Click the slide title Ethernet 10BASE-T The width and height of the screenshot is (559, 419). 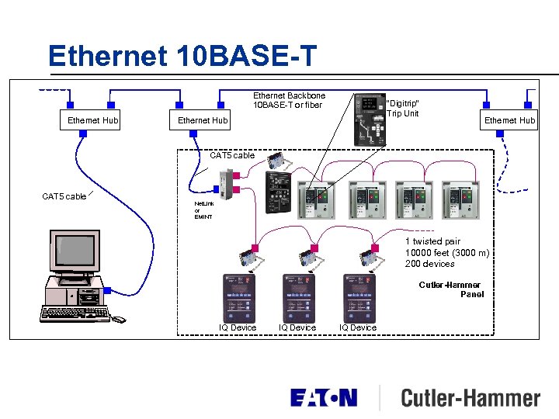pyautogui.click(x=182, y=56)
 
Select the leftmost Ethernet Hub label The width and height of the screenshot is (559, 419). pyautogui.click(x=93, y=120)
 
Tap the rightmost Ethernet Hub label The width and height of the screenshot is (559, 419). pyautogui.click(x=510, y=120)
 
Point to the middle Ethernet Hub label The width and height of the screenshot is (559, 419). pyautogui.click(x=203, y=120)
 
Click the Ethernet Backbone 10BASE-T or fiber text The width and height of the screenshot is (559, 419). pyautogui.click(x=289, y=100)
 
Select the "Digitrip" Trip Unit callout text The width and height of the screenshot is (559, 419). pyautogui.click(x=403, y=109)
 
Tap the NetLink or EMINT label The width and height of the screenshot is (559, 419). pyautogui.click(x=203, y=210)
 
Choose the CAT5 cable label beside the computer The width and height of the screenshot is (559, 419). pyautogui.click(x=64, y=196)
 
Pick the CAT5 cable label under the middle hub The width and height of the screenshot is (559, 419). pyautogui.click(x=232, y=155)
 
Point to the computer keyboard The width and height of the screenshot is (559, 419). pyautogui.click(x=73, y=313)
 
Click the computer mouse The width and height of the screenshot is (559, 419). pyautogui.click(x=118, y=319)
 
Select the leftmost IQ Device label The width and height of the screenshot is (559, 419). pyautogui.click(x=238, y=327)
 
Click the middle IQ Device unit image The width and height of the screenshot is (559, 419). pyautogui.click(x=299, y=298)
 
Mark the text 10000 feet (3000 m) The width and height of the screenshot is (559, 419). pyautogui.click(x=446, y=253)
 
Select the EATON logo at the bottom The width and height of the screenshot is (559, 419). pyautogui.click(x=324, y=398)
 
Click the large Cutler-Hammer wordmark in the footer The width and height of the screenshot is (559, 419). pyautogui.click(x=470, y=399)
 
